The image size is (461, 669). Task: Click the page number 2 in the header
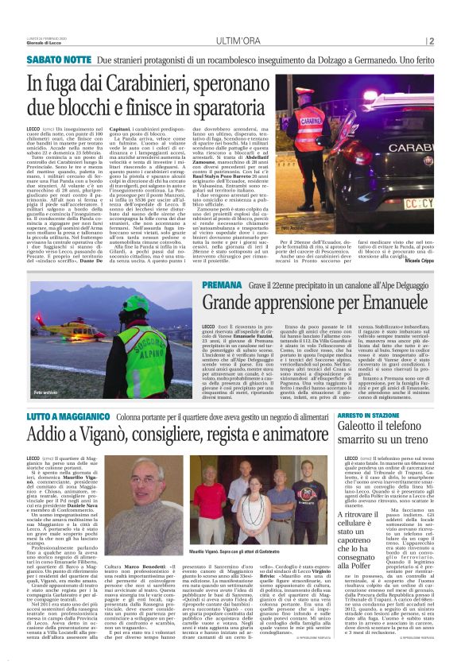pos(431,41)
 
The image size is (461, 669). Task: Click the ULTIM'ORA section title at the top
pos(230,41)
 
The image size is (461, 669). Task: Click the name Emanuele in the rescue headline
pos(394,304)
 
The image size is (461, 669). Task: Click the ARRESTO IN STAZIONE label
pos(379,415)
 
